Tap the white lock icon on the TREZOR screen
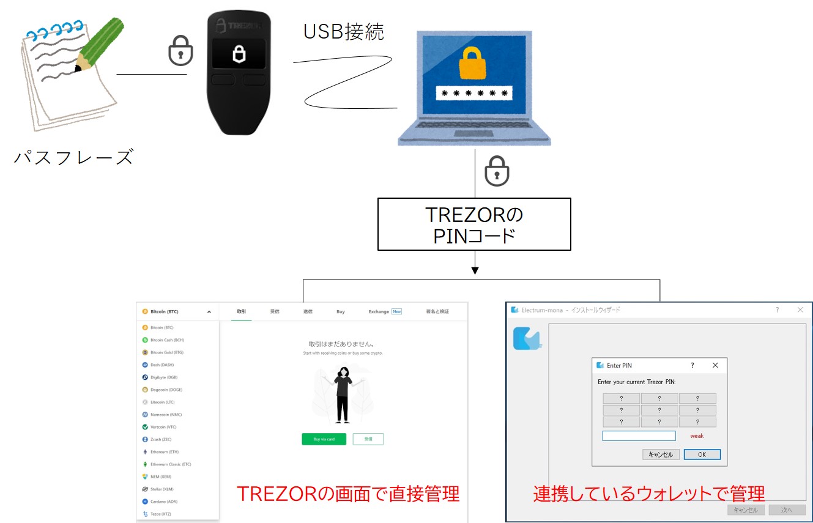239,54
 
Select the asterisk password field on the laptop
474,94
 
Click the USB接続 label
344,32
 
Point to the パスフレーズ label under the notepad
73,157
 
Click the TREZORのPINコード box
474,224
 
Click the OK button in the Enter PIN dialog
702,454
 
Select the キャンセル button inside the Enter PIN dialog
661,454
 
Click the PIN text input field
639,436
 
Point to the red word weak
697,436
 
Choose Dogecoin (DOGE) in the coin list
166,390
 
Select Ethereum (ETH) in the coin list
165,452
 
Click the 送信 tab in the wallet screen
308,311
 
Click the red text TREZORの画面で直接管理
347,494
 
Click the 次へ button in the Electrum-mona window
787,510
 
